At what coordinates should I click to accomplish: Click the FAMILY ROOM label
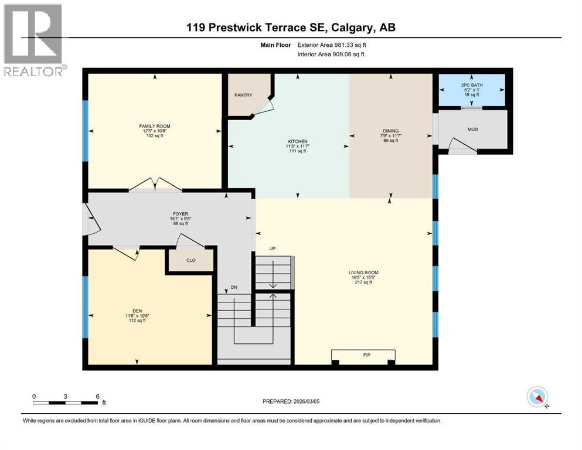point(155,126)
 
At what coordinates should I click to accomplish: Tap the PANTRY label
point(243,95)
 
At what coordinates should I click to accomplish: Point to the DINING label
point(391,131)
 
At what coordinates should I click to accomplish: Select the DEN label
point(138,310)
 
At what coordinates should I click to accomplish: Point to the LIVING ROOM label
point(363,272)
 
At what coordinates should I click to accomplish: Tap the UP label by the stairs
point(273,248)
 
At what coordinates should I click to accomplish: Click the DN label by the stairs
point(233,288)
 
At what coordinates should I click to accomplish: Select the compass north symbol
point(537,397)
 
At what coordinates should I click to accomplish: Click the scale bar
point(66,402)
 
